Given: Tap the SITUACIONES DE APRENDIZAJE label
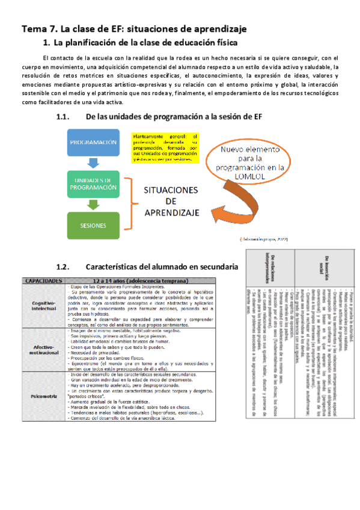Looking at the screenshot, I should (x=170, y=201).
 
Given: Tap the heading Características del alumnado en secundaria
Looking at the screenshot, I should (x=162, y=265).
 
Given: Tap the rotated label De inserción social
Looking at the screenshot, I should (x=327, y=260).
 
